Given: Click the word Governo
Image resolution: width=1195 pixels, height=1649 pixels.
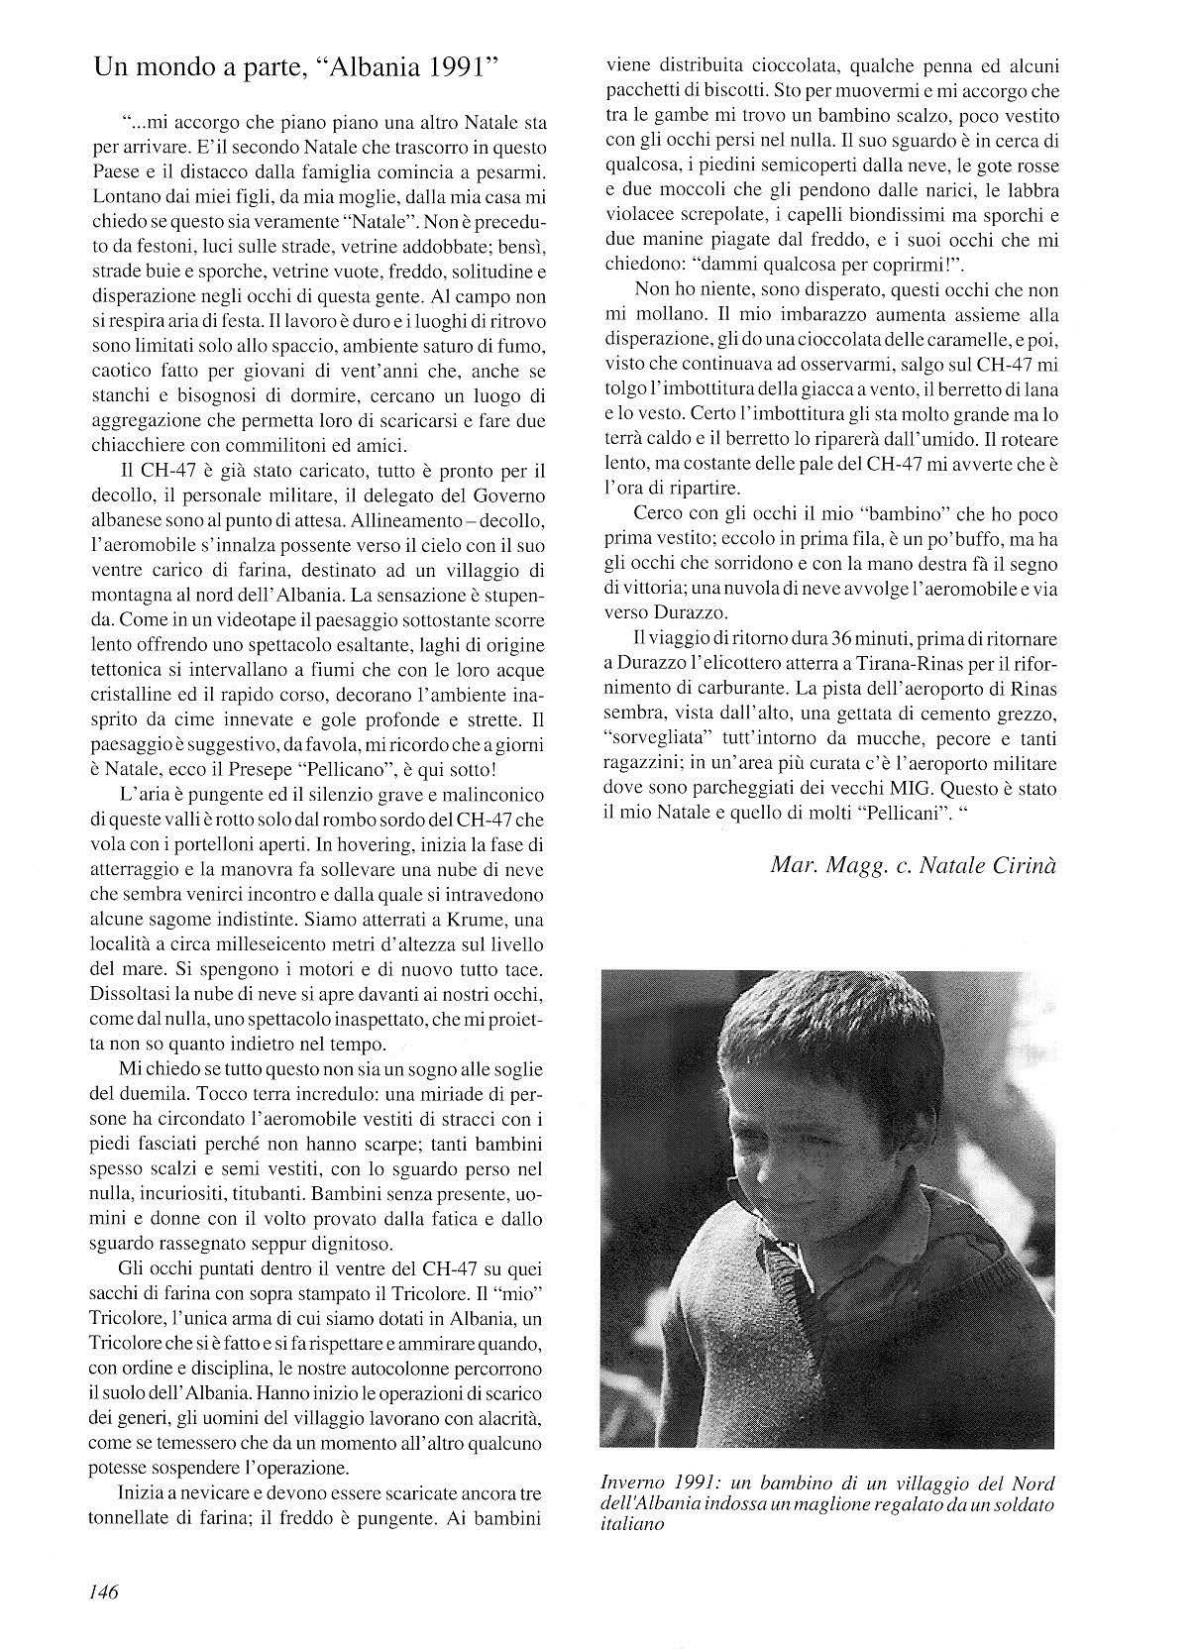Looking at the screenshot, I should [503, 495].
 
